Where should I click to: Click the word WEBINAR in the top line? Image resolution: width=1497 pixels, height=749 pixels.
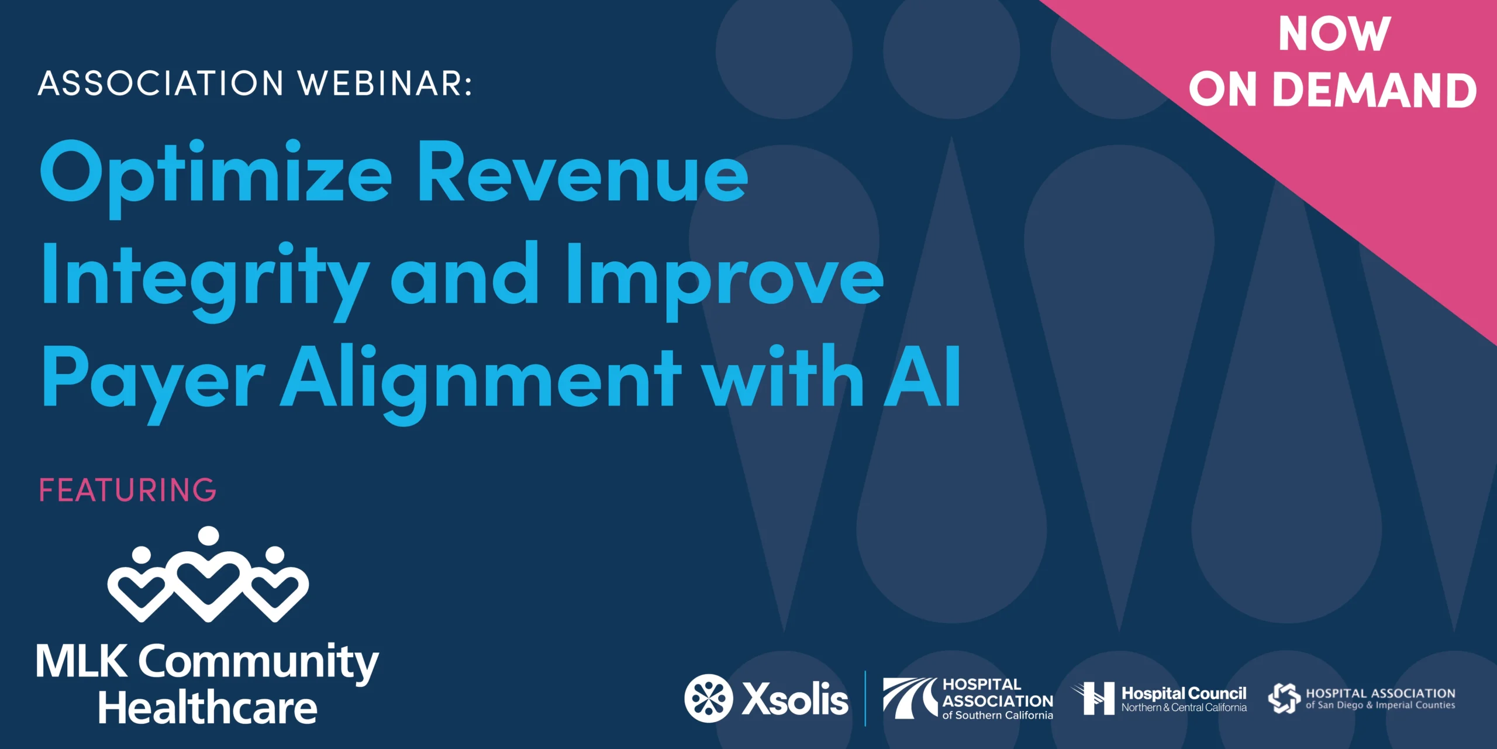[x=385, y=83]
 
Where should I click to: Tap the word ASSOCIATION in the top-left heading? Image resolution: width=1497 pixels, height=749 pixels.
[x=161, y=83]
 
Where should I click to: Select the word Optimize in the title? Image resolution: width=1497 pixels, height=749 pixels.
[x=216, y=177]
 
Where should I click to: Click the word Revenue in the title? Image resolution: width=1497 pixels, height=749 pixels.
[x=582, y=174]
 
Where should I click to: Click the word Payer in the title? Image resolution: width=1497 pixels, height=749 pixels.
[x=153, y=383]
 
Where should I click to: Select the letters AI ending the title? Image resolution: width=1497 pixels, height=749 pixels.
[x=922, y=376]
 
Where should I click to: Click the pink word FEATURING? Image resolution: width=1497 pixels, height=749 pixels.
[x=127, y=490]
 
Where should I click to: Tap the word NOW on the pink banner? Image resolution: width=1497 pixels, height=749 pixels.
[x=1334, y=34]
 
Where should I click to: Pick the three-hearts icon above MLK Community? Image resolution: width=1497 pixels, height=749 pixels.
[x=208, y=573]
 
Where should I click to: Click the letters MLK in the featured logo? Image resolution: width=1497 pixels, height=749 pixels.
[x=81, y=661]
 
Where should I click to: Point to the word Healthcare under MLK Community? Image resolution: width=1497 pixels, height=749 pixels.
[x=208, y=707]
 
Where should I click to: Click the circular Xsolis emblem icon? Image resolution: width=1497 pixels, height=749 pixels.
[x=709, y=698]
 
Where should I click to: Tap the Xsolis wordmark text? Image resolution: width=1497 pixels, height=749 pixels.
[x=795, y=699]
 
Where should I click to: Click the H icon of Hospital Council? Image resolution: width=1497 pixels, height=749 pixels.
[x=1094, y=698]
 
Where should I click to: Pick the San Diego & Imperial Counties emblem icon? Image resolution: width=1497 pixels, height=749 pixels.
[x=1284, y=698]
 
